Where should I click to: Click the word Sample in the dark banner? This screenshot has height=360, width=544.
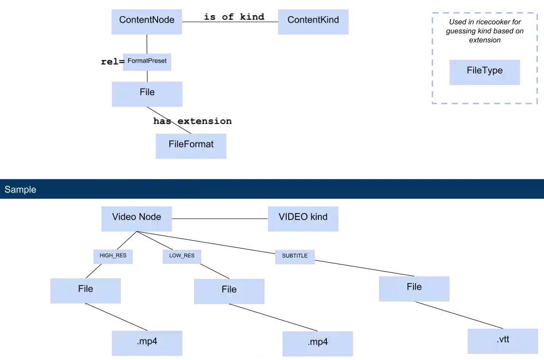21,190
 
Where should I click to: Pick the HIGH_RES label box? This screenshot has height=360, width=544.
113,256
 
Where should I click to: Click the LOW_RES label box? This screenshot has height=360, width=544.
181,256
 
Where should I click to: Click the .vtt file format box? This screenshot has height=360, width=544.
503,340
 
